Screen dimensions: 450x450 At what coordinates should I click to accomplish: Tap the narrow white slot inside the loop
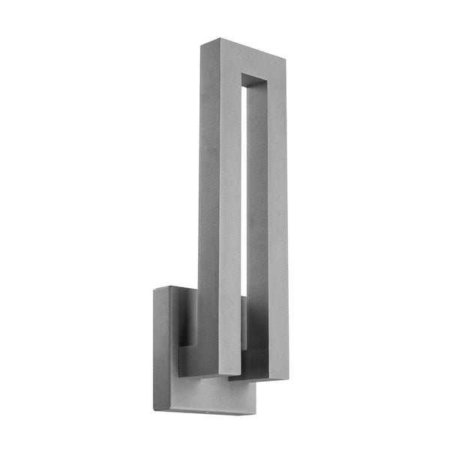pyautogui.click(x=245, y=187)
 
